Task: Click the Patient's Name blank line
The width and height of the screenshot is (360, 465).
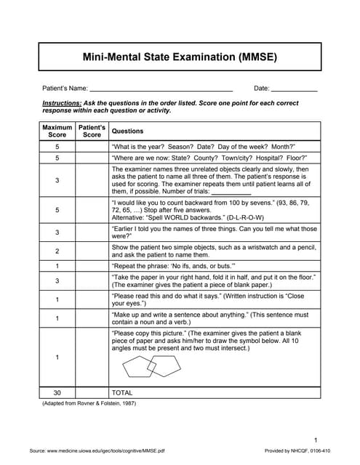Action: coord(161,89)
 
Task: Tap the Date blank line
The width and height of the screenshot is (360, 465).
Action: coord(294,89)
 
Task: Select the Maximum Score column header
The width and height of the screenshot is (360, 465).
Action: coord(57,131)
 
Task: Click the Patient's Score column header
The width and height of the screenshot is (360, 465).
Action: coord(92,131)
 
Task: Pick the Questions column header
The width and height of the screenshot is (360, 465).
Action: coord(127,132)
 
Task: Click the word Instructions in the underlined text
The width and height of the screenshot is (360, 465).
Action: coord(62,103)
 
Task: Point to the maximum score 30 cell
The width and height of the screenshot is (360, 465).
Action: coord(57,392)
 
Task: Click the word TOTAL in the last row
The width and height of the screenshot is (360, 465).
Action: coord(121,392)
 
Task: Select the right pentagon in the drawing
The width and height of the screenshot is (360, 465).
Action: coord(165,364)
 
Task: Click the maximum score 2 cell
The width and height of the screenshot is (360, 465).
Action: coord(57,251)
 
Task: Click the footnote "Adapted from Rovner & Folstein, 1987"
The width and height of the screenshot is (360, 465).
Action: coord(89,403)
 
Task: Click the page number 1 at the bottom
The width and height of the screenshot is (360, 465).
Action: coord(316,440)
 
